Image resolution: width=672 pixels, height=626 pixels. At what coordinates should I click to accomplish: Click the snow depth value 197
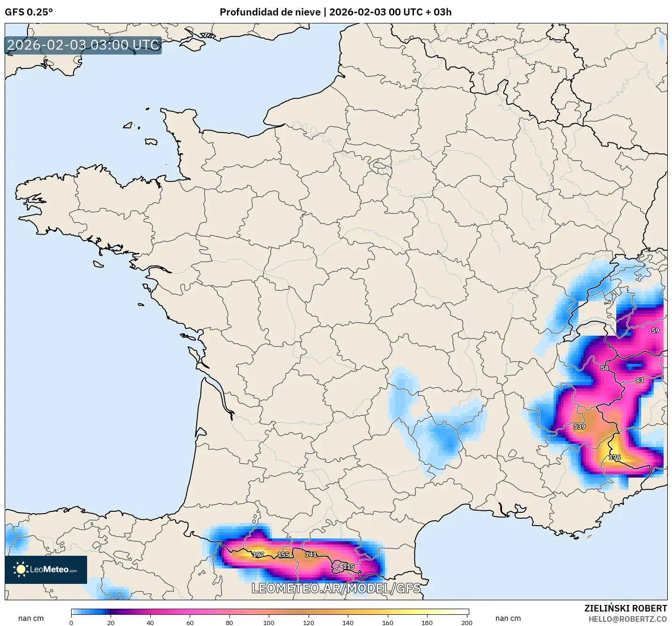tap(258, 554)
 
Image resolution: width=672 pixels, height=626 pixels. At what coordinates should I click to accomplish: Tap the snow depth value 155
tap(283, 554)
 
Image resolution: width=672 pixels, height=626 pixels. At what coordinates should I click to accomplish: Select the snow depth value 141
tap(311, 554)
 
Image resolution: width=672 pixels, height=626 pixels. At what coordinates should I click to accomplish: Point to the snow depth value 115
tap(348, 567)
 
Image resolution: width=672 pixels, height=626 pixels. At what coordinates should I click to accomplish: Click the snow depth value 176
tap(614, 457)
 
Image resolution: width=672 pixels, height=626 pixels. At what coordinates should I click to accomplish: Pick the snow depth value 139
tap(579, 427)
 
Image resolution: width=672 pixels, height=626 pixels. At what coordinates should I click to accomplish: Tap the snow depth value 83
tap(640, 380)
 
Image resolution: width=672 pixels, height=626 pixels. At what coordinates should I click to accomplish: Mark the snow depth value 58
tap(605, 368)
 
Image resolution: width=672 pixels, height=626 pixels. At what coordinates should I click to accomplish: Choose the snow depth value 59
tap(655, 331)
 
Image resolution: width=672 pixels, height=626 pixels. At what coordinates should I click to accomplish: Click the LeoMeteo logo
tap(46, 570)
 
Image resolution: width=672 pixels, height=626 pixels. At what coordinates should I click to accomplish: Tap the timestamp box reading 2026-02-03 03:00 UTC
tap(83, 45)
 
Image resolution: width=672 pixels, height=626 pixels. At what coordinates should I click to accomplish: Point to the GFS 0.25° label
tap(29, 12)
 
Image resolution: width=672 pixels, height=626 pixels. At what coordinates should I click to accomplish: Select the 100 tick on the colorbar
tap(269, 623)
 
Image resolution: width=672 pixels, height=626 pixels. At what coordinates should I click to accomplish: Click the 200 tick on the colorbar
tap(466, 623)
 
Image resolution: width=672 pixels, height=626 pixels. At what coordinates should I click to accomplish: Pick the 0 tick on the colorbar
tap(71, 623)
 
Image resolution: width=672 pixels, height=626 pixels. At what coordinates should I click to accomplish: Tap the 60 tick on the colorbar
tap(190, 623)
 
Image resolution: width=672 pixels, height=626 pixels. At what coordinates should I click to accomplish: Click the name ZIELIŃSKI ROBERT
tap(626, 608)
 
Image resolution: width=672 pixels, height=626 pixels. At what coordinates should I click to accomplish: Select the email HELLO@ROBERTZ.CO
tap(628, 619)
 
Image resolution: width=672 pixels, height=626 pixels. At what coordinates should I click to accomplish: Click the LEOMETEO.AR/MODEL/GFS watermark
tap(336, 588)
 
